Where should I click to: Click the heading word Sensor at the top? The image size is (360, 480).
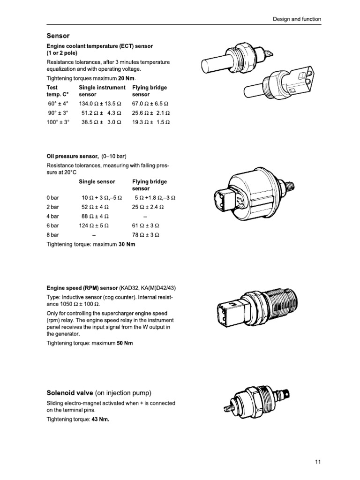pos(58,36)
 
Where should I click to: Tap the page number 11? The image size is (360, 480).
pos(318,462)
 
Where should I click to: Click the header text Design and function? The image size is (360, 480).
pos(297,19)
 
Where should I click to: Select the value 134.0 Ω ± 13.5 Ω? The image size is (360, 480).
pos(97,103)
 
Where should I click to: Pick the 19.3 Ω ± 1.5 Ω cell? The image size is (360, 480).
pos(151,122)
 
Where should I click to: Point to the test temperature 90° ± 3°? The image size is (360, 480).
pos(58,112)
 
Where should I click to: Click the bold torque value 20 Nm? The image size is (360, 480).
pos(127,78)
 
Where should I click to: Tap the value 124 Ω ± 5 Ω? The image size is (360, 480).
pos(94,225)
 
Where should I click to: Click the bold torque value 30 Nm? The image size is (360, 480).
pos(126,244)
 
